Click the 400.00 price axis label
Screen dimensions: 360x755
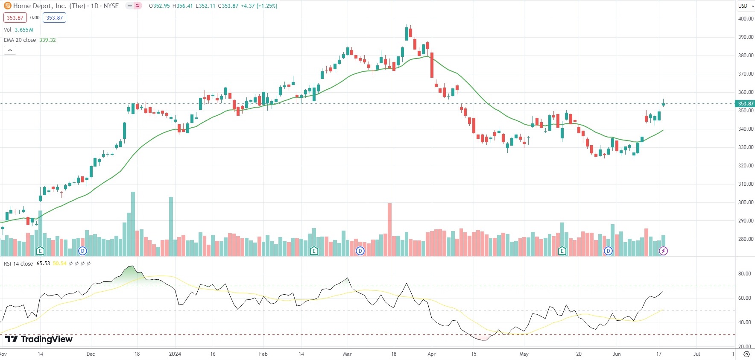[x=746, y=19]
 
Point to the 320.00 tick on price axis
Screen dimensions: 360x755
[x=746, y=166]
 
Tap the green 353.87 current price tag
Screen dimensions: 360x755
[x=746, y=104]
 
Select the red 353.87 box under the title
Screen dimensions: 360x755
[x=15, y=18]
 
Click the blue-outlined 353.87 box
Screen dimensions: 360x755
[x=54, y=18]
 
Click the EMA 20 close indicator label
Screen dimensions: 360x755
[x=20, y=40]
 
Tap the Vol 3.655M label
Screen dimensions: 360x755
[x=18, y=30]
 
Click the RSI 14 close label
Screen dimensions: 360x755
[x=18, y=264]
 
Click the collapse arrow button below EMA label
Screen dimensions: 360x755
[x=10, y=50]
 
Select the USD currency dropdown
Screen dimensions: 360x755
[x=745, y=6]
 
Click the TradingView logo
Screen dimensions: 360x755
[x=39, y=339]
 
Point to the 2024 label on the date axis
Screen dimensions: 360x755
[x=175, y=354]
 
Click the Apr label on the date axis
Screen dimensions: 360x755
[x=432, y=354]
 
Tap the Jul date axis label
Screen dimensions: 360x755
[x=696, y=354]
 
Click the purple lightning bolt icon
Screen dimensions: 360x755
[x=663, y=251]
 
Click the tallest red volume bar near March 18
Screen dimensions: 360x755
[x=389, y=230]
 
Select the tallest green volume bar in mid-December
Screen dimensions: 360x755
[x=133, y=224]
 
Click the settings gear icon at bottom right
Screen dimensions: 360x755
[x=746, y=354]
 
